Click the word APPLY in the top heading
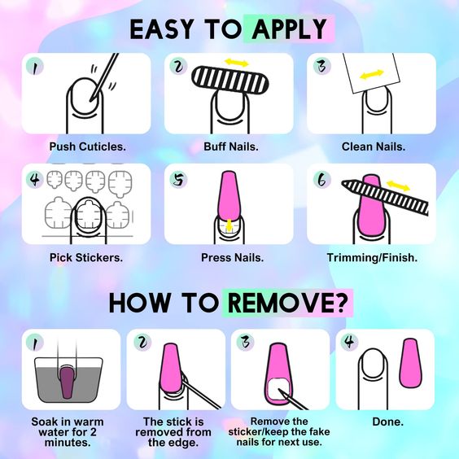(x=289, y=29)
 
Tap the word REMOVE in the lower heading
(x=286, y=303)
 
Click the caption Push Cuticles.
(x=88, y=146)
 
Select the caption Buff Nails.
(x=231, y=146)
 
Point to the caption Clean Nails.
(x=374, y=146)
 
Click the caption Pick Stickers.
(x=86, y=258)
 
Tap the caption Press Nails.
(x=232, y=258)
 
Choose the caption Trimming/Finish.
(x=372, y=258)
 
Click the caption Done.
(x=388, y=422)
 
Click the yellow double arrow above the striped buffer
(x=237, y=63)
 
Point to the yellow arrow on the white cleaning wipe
(x=371, y=74)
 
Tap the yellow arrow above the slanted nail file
(x=399, y=186)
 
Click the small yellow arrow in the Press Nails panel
(x=229, y=225)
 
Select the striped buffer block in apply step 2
(x=230, y=81)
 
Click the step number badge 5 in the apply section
(x=178, y=179)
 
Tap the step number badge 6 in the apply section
(x=321, y=179)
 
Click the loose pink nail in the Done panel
(x=411, y=363)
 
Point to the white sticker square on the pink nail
(x=279, y=389)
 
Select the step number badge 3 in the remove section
(x=245, y=342)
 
